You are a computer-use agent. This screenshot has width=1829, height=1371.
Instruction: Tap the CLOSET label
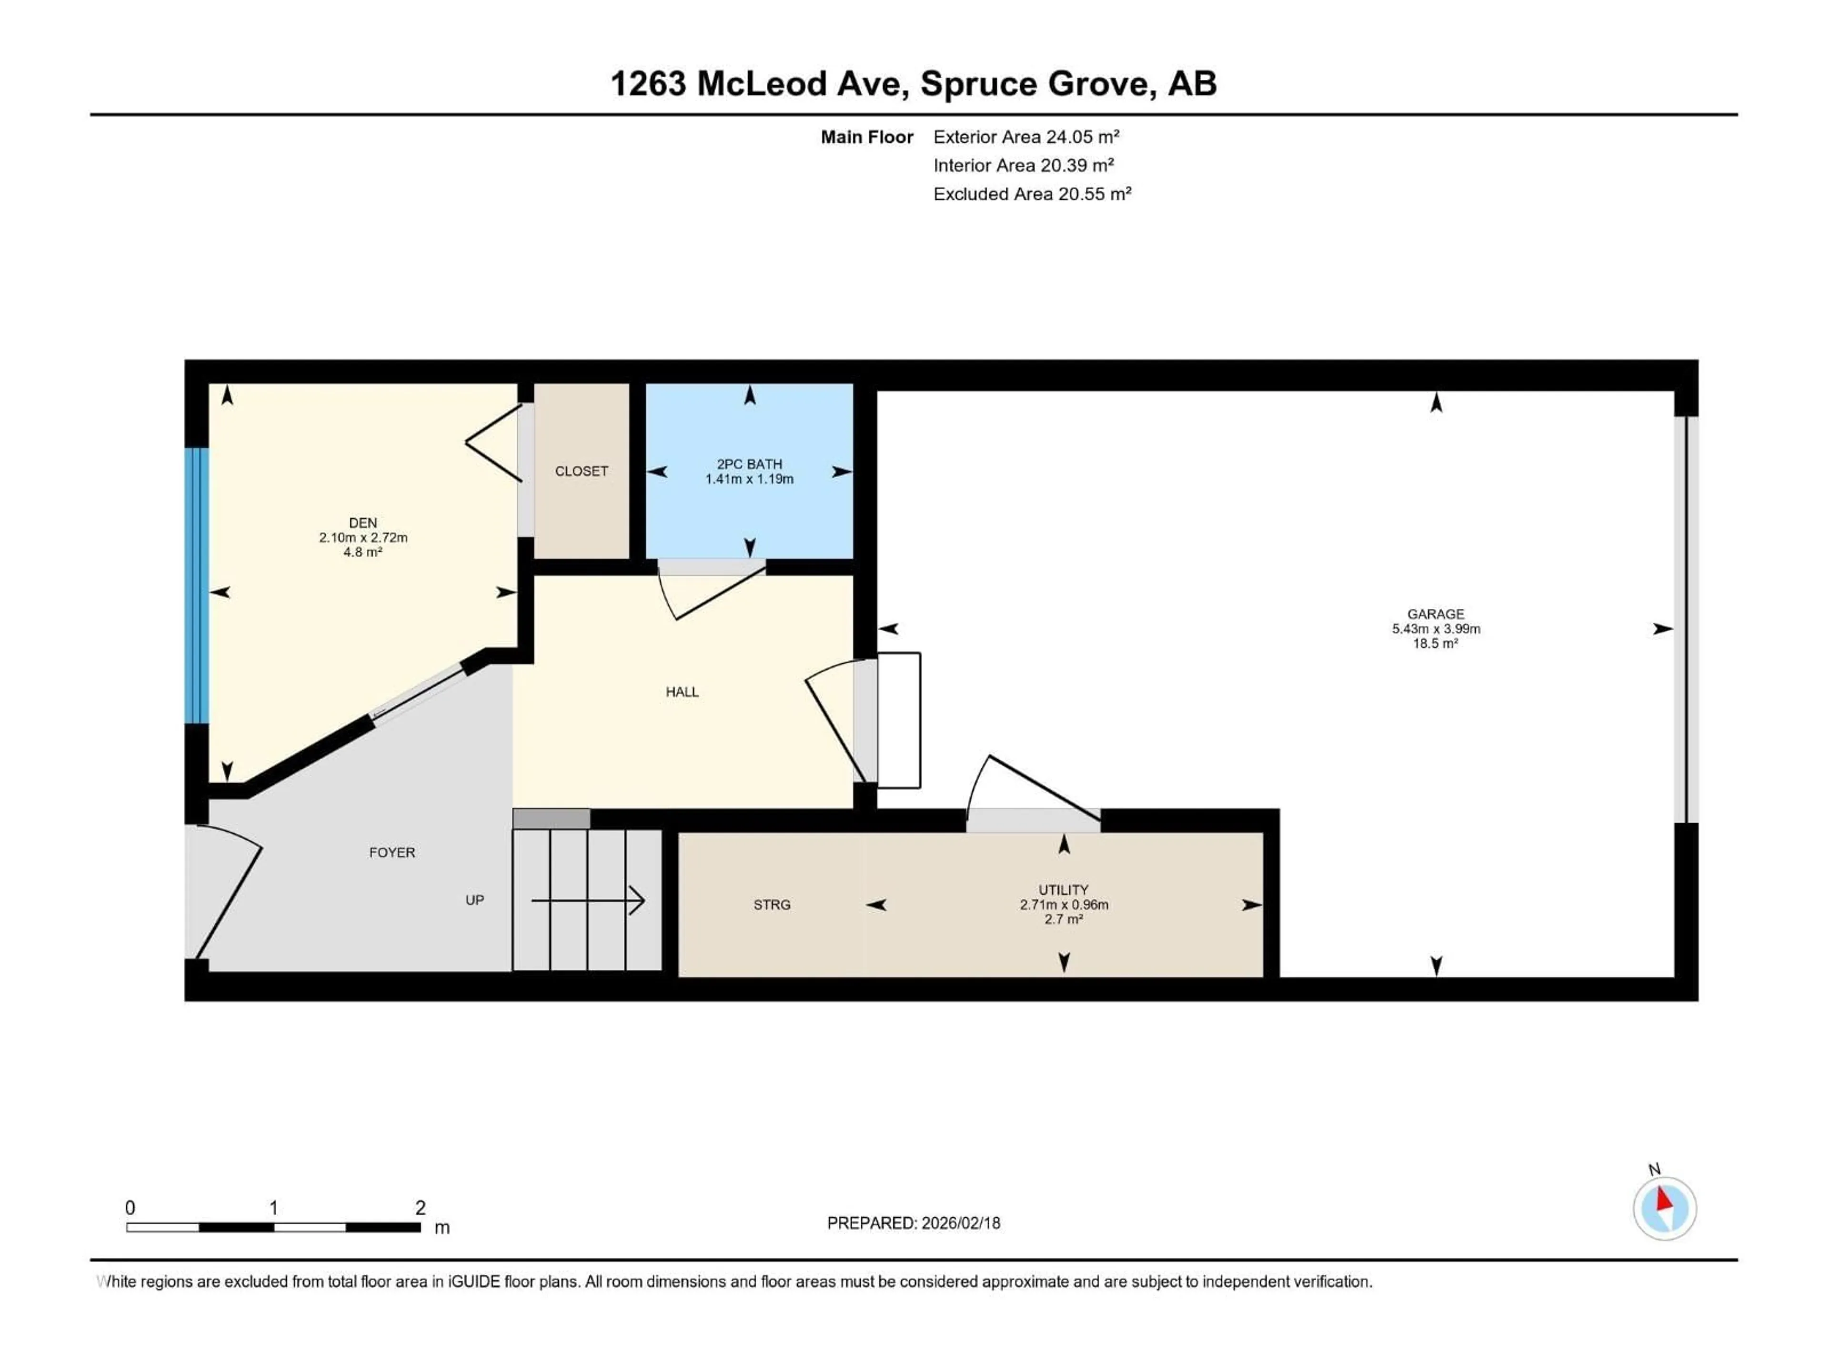coord(581,471)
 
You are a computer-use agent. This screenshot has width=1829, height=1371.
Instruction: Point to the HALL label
coord(682,692)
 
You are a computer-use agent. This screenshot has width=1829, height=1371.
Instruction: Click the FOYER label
coord(392,852)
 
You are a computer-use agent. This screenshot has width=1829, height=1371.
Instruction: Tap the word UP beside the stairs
coord(474,900)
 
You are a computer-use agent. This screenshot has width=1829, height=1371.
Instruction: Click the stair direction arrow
coord(588,900)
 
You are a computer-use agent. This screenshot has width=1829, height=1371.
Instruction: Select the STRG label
coord(772,905)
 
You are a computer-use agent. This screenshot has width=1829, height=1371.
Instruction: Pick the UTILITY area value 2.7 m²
coord(1063,919)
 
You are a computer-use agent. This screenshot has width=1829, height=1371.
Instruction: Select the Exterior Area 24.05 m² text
coord(1025,137)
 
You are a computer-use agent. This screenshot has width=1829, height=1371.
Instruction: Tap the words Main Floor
coord(866,137)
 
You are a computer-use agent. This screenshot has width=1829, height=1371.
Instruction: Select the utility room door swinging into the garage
coord(1034,789)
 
